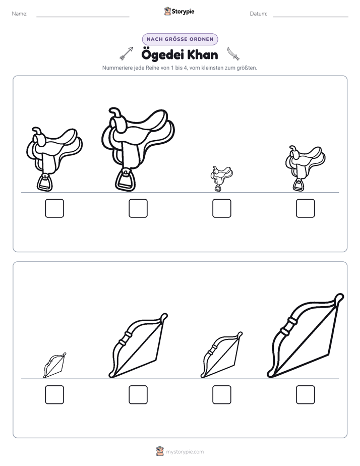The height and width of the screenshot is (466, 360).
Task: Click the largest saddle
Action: [138, 149]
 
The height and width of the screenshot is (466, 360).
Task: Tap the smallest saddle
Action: [221, 179]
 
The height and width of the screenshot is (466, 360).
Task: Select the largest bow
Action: [306, 335]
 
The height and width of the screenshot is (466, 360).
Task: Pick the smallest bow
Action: [54, 365]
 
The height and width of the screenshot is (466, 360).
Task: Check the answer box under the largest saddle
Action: [138, 208]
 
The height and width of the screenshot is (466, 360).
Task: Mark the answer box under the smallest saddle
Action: [222, 208]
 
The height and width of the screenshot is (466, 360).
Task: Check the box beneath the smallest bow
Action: [54, 395]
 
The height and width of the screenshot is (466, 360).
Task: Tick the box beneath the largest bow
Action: [306, 395]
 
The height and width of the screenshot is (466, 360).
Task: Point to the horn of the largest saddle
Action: [116, 113]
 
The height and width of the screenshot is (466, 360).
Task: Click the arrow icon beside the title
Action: [126, 53]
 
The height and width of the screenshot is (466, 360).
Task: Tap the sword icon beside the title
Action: [233, 53]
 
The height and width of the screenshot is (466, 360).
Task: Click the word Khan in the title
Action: [203, 55]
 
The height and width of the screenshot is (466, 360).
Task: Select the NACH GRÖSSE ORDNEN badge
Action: [180, 39]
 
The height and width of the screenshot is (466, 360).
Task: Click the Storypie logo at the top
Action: [179, 11]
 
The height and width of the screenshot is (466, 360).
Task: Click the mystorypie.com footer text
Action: [185, 452]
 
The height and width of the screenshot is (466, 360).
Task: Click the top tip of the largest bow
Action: [340, 296]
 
